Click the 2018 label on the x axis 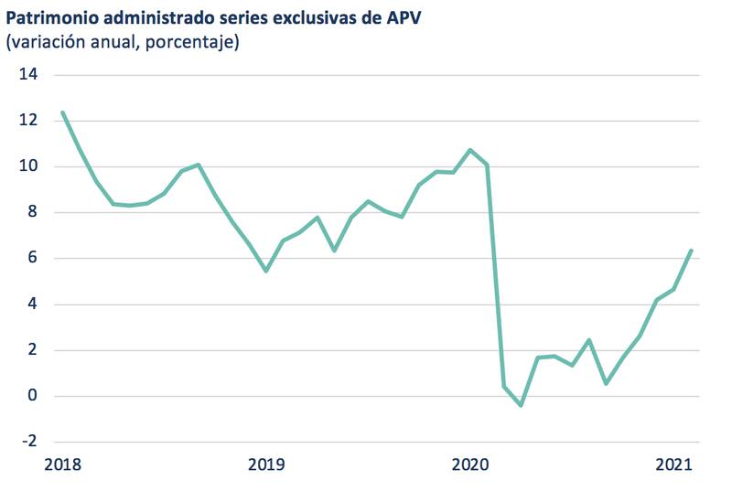click(x=62, y=465)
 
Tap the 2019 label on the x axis click(x=265, y=465)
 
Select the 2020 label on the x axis click(x=470, y=465)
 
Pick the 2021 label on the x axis click(x=674, y=465)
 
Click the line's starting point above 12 click(x=62, y=112)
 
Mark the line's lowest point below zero click(x=521, y=405)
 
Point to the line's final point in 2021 click(x=691, y=250)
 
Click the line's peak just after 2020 click(x=470, y=150)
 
